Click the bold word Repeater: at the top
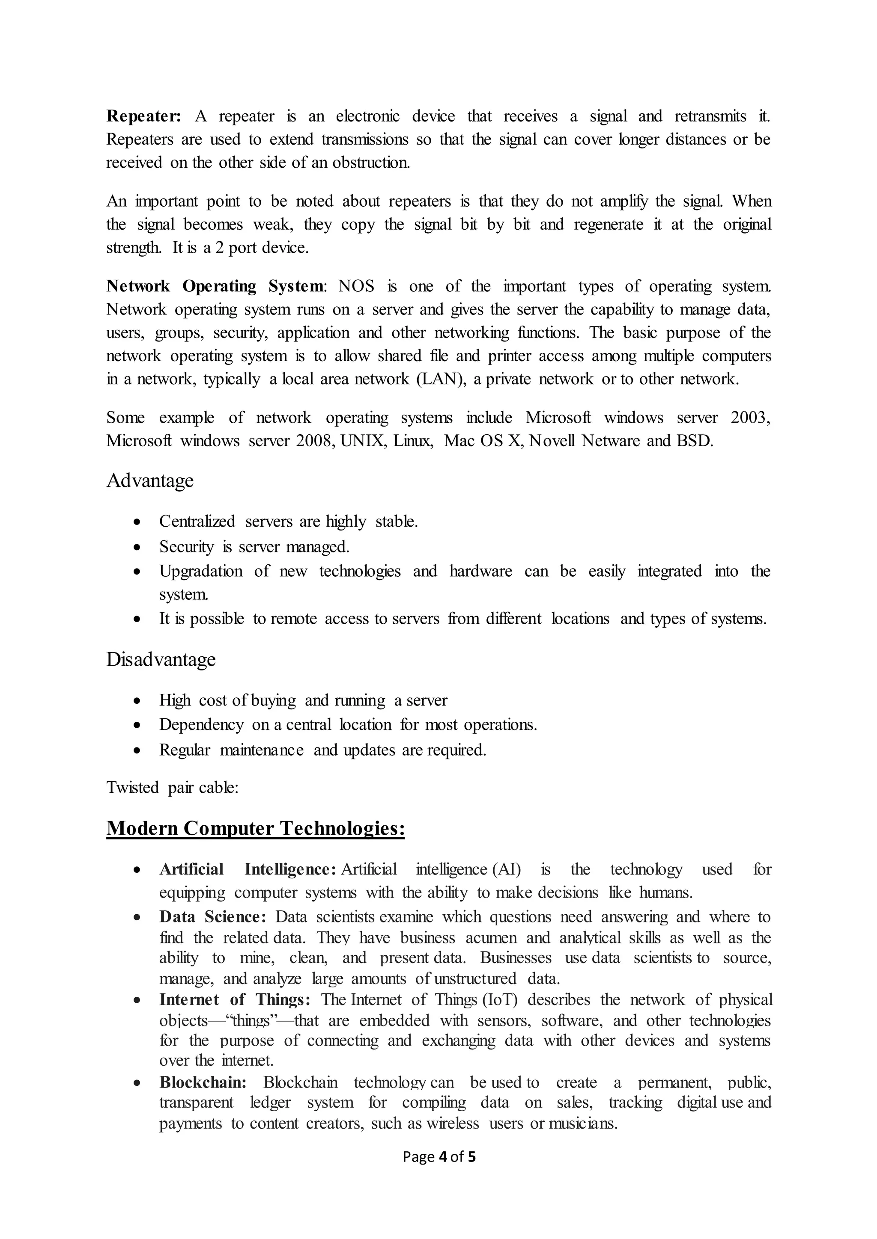(143, 116)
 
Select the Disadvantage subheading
(161, 659)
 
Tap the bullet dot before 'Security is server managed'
(138, 547)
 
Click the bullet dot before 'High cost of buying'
(138, 701)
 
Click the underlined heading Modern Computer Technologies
(255, 827)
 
